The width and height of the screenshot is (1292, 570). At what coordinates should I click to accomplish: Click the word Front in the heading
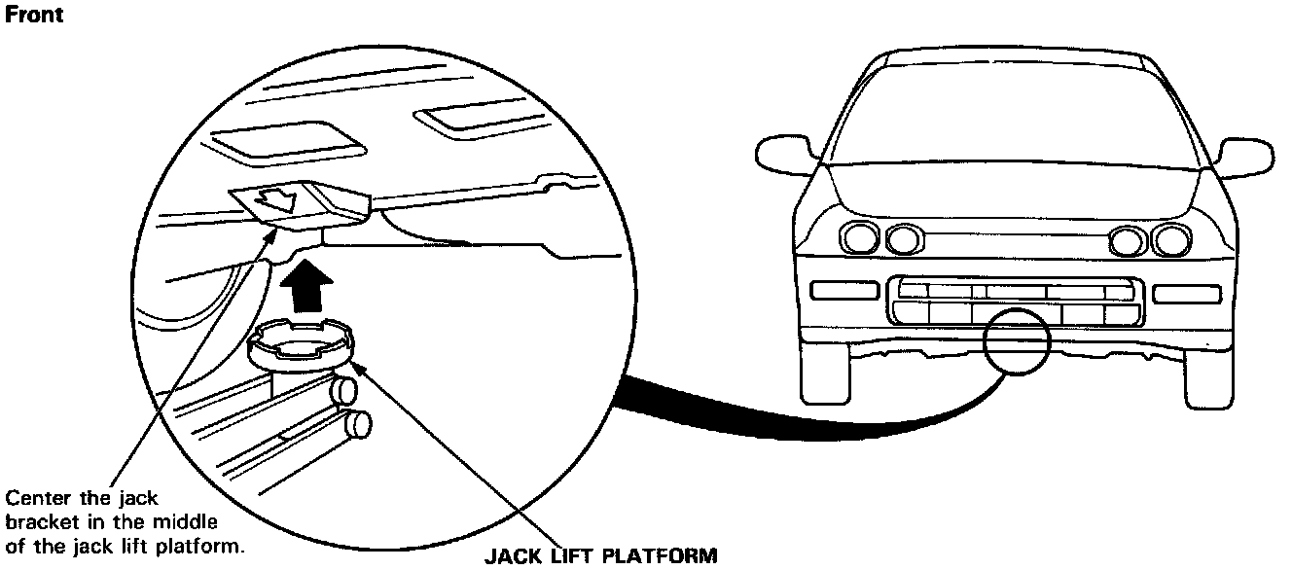click(x=36, y=15)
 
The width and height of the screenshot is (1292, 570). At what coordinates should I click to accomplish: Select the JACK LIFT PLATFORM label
click(x=600, y=557)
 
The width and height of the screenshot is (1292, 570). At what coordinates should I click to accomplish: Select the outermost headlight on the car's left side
click(x=859, y=236)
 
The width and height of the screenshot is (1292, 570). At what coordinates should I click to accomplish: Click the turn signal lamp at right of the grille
click(x=1186, y=293)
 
